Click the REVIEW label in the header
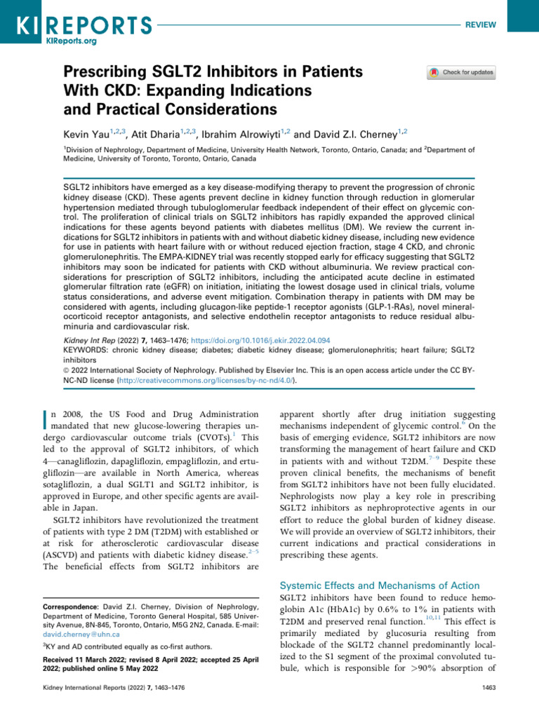(481, 25)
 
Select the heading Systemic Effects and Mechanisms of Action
(380, 585)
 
